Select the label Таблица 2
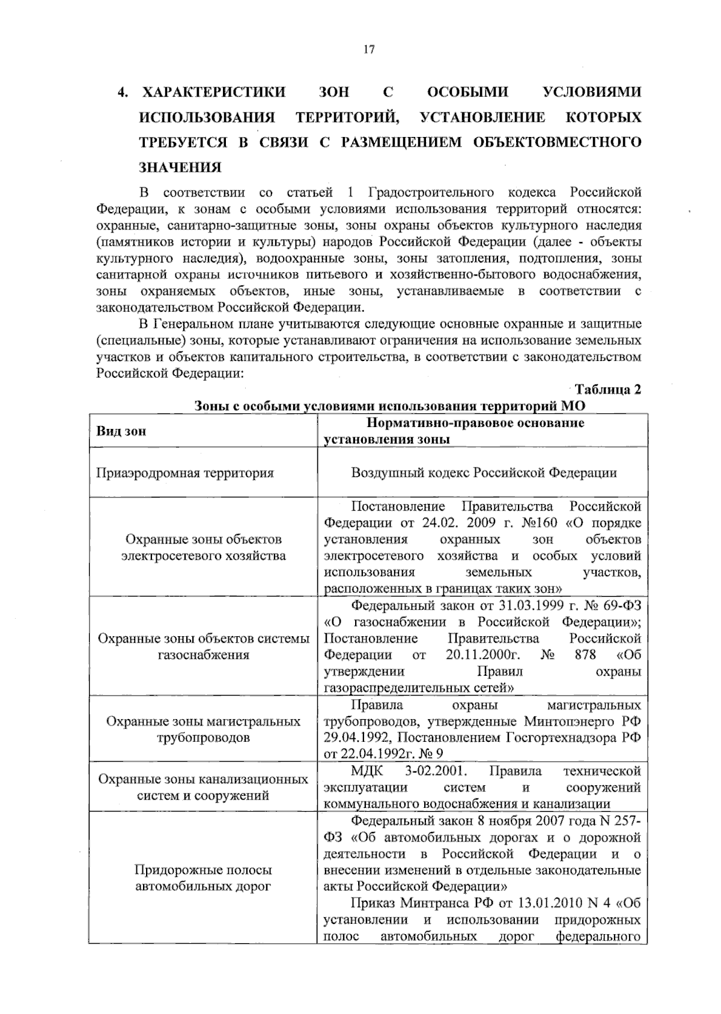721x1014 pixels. coord(608,389)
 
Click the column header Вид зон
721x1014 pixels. coord(121,431)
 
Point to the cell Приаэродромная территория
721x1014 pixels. coord(185,473)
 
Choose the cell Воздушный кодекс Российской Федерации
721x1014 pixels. coord(484,473)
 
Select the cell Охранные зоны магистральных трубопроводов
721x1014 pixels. coord(203,729)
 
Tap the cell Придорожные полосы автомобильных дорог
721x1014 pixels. coord(203,878)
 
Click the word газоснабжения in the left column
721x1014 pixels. coord(203,655)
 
